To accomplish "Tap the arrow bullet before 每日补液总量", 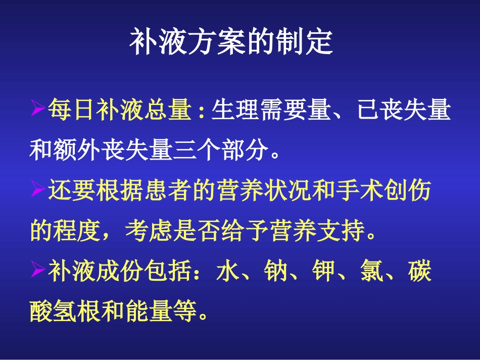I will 38,110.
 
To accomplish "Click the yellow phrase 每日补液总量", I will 118,110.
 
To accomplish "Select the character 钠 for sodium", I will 276,272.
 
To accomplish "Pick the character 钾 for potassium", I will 324,272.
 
